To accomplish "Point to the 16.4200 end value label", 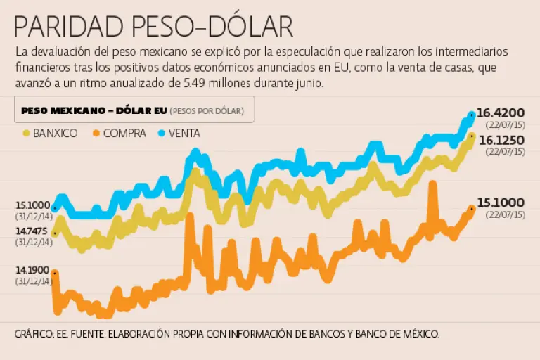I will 501,112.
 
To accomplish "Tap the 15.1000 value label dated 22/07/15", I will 501,202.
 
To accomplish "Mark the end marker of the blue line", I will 472,115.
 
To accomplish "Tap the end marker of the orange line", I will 471,208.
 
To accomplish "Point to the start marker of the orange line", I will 55,273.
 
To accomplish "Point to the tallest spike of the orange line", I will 432,184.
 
